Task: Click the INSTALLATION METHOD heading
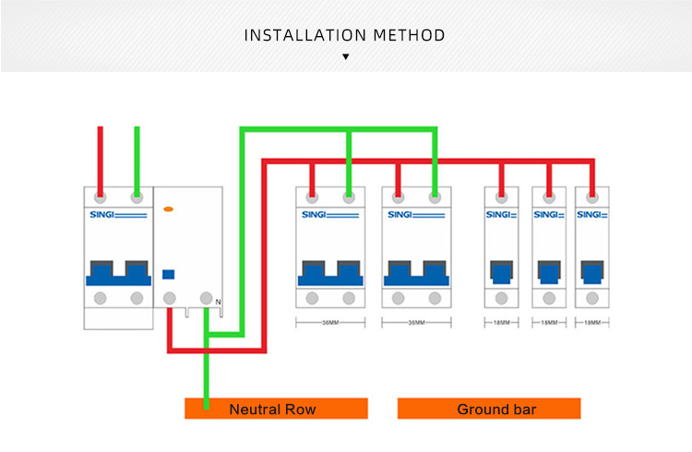pyautogui.click(x=345, y=36)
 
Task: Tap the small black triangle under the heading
pyautogui.click(x=346, y=57)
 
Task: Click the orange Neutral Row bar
pyautogui.click(x=276, y=409)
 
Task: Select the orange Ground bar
pyautogui.click(x=489, y=409)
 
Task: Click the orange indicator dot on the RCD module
pyautogui.click(x=169, y=210)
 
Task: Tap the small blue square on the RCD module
pyautogui.click(x=169, y=273)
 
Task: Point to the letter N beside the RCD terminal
pyautogui.click(x=219, y=303)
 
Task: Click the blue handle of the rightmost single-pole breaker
pyautogui.click(x=591, y=272)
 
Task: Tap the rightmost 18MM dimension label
pyautogui.click(x=592, y=323)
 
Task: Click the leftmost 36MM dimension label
pyautogui.click(x=330, y=323)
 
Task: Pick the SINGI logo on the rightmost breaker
pyautogui.click(x=591, y=215)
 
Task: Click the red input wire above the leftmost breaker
pyautogui.click(x=100, y=157)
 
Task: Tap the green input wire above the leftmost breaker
pyautogui.click(x=137, y=157)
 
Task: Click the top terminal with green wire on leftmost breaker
pyautogui.click(x=137, y=196)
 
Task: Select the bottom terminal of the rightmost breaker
pyautogui.click(x=591, y=298)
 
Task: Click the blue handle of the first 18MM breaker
pyautogui.click(x=501, y=272)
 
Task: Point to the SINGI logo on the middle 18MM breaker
pyautogui.click(x=549, y=215)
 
